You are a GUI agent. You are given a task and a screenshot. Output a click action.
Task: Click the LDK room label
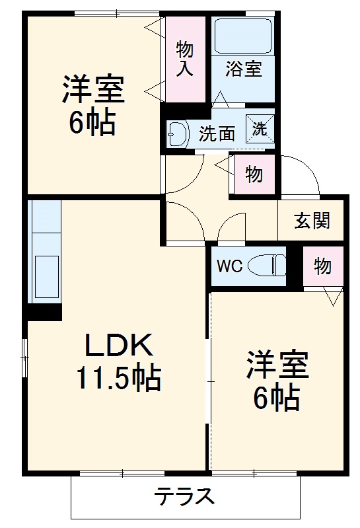119,346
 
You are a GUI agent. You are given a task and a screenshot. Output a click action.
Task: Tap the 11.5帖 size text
118,379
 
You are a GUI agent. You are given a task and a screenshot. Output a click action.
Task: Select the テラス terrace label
185,495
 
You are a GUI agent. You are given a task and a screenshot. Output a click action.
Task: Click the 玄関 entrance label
312,221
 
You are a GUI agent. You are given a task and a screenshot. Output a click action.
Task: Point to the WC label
231,266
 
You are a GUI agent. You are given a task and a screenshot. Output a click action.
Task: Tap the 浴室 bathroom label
243,69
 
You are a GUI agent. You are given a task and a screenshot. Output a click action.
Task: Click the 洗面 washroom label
217,133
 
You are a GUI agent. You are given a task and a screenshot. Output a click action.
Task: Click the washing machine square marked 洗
258,128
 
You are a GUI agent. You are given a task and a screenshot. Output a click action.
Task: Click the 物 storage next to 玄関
322,266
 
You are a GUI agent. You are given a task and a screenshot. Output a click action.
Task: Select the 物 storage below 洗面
254,174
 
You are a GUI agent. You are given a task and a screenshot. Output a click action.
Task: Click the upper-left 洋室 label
93,91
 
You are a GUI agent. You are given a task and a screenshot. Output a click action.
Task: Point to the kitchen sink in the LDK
44,270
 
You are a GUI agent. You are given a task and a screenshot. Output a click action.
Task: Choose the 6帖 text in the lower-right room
277,398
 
